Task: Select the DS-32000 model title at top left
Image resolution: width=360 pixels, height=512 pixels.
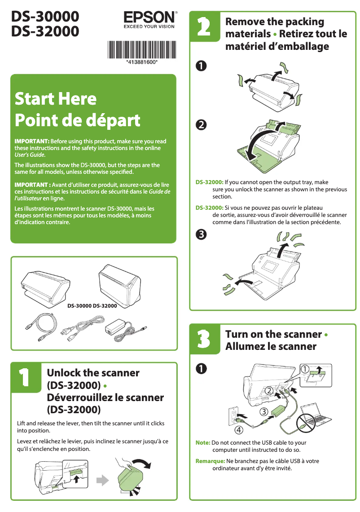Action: pos(45,31)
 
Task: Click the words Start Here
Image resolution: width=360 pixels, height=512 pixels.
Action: pos(55,98)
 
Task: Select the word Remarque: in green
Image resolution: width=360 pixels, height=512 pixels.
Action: pos(210,461)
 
